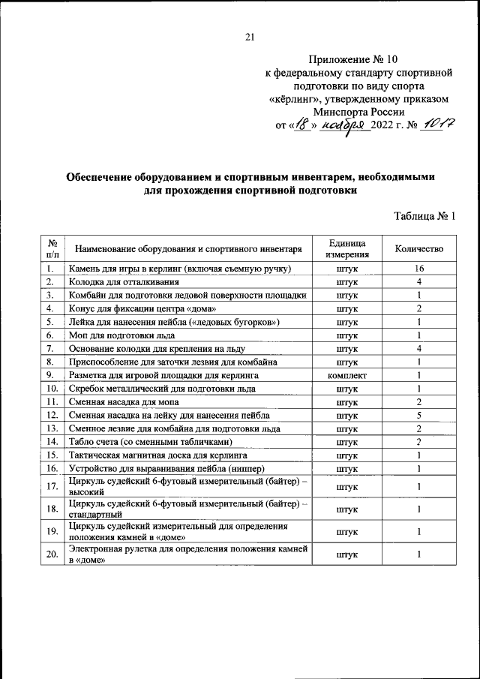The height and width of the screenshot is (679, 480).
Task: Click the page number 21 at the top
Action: coord(250,38)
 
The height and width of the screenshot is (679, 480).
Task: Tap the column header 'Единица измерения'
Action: coord(346,249)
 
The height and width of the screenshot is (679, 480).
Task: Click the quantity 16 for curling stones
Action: coord(419,269)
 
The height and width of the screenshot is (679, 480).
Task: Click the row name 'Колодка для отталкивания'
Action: coord(124,281)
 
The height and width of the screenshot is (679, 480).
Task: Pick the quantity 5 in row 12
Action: coord(419,414)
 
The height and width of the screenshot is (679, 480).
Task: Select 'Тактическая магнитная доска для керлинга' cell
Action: coord(163,455)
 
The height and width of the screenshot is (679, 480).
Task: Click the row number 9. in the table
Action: coord(52,374)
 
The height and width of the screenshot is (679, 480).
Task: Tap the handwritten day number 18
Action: coord(301,125)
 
